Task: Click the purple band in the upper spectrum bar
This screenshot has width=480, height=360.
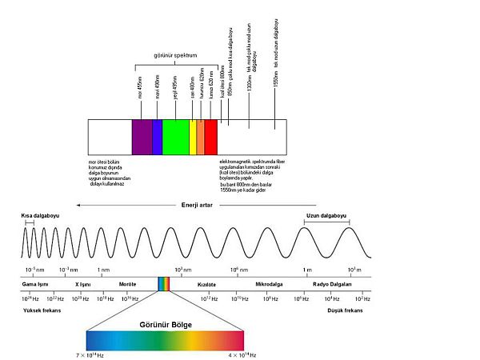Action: pos(142,137)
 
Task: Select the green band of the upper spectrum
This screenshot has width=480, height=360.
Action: pos(175,137)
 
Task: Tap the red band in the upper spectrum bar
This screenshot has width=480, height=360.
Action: pos(210,137)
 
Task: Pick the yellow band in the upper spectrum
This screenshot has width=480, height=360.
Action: pos(193,137)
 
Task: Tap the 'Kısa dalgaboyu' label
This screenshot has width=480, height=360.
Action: pos(40,216)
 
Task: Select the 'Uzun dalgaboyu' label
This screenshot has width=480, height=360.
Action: pos(326,216)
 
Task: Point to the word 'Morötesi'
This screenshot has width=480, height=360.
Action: pos(128,284)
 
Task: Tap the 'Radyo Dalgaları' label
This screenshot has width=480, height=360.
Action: pos(333,284)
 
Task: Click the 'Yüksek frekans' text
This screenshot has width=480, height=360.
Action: pos(43,310)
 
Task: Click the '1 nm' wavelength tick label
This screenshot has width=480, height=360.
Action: pos(102,270)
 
